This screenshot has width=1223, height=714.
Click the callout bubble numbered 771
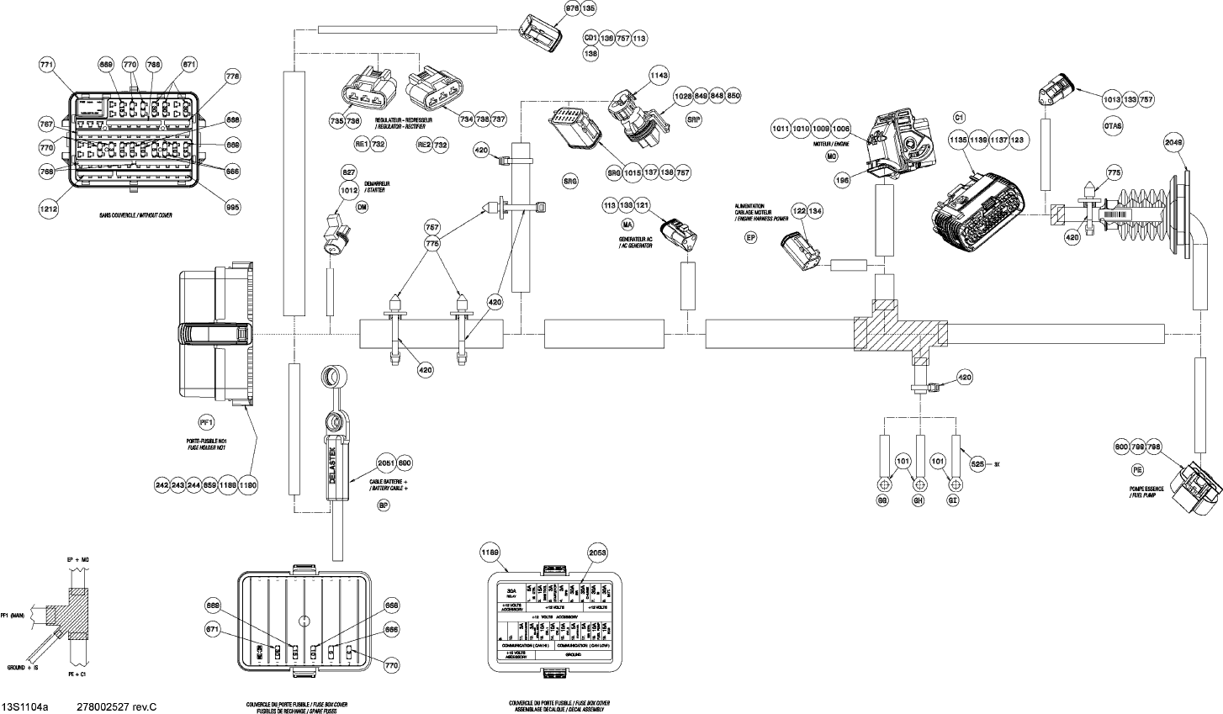[47, 65]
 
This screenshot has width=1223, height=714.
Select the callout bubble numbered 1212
[48, 203]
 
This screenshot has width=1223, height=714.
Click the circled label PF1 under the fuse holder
[207, 422]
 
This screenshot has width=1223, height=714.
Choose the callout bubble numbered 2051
[384, 463]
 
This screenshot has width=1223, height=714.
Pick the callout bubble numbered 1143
[659, 76]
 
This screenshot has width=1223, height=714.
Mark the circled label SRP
[694, 120]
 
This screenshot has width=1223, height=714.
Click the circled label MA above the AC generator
[627, 225]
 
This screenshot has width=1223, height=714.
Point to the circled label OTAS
[1112, 126]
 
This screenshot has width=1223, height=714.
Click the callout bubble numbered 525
[977, 463]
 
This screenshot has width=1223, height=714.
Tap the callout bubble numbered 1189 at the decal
[490, 552]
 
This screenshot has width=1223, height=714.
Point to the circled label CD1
[590, 39]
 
